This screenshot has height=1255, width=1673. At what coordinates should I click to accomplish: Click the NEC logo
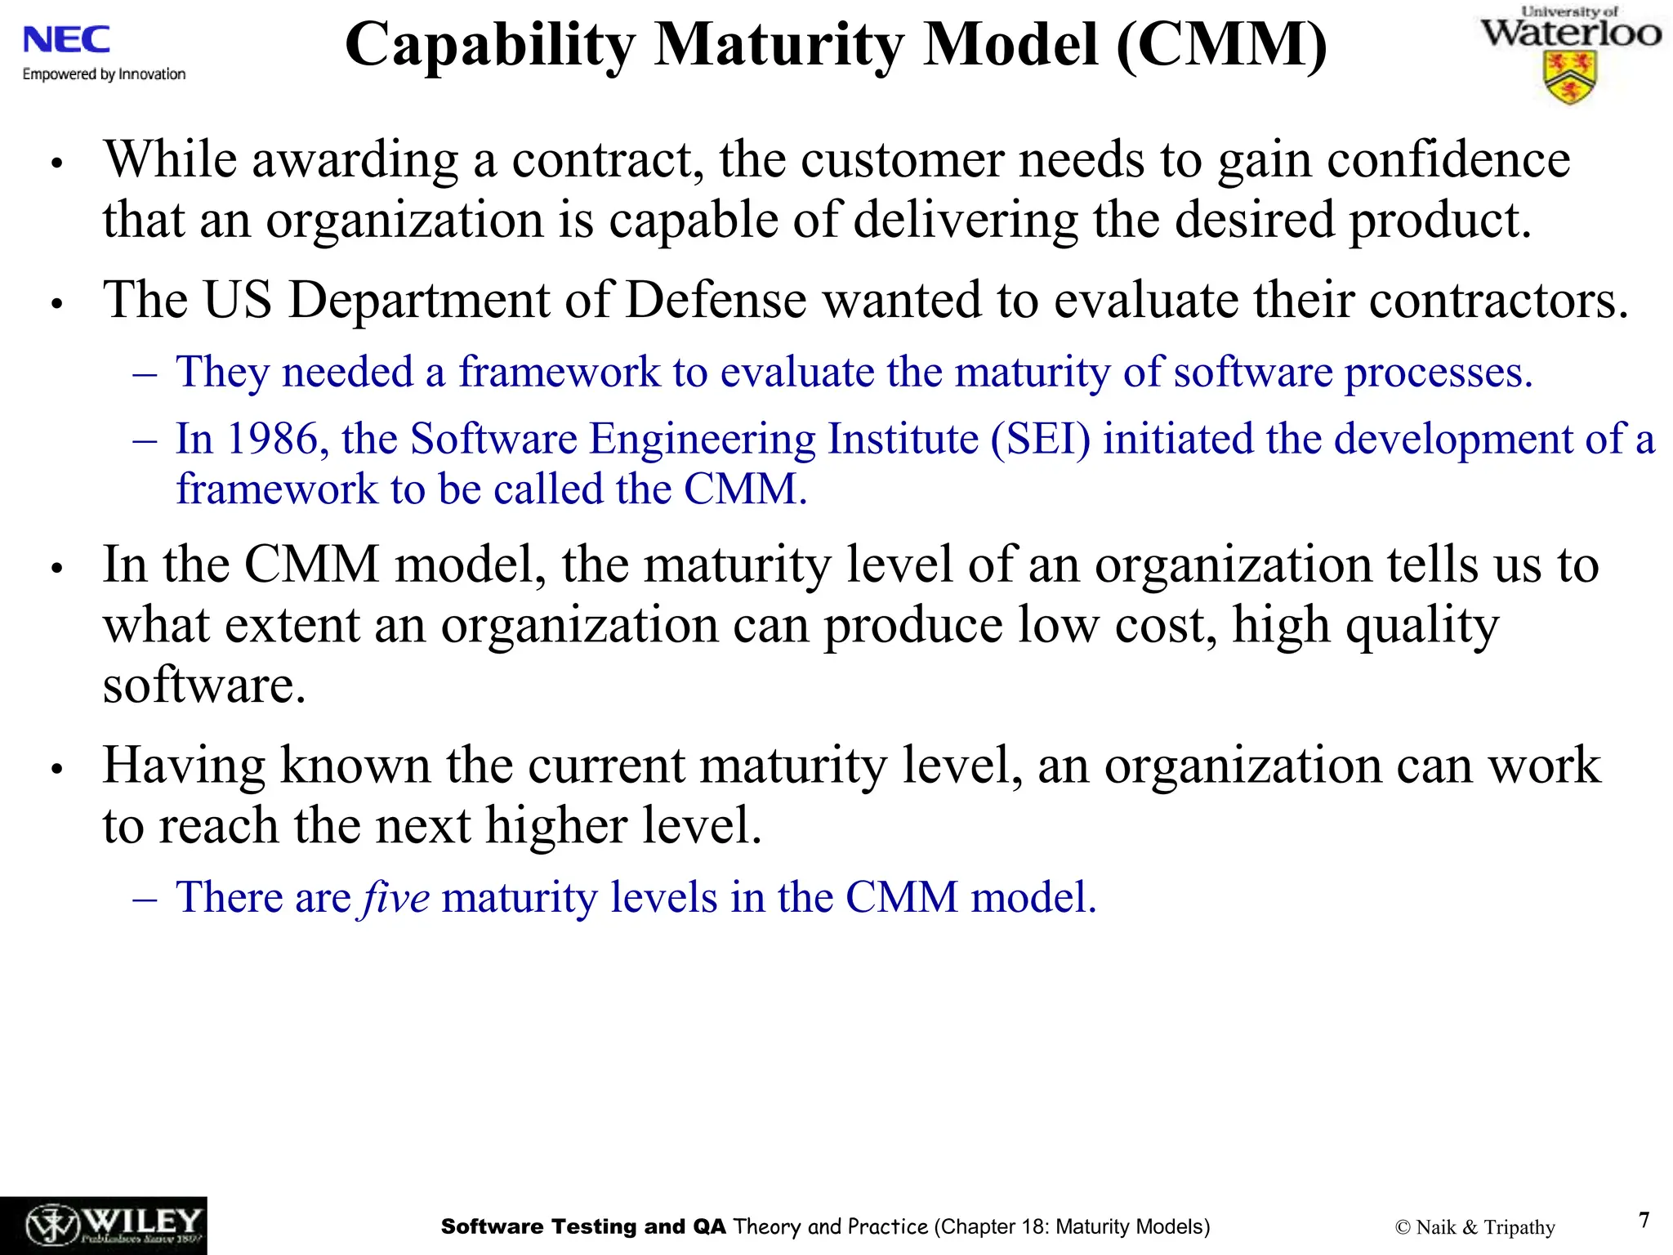[x=66, y=40]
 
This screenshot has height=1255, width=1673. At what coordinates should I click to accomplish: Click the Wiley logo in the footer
[x=104, y=1226]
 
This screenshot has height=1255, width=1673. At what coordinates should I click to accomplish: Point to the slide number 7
[x=1644, y=1220]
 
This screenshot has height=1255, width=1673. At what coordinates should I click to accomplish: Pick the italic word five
[x=396, y=897]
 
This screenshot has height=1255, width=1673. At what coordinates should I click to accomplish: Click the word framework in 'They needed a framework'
[x=559, y=372]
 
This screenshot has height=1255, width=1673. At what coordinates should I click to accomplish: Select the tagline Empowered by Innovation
[x=104, y=74]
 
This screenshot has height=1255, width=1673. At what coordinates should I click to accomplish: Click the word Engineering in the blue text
[x=703, y=439]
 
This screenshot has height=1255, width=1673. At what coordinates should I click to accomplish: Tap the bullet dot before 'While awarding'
[x=56, y=163]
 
